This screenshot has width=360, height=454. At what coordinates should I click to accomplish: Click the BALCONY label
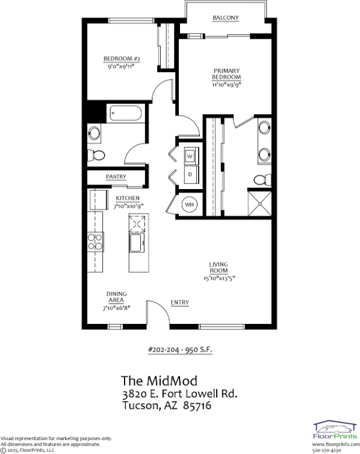(226, 17)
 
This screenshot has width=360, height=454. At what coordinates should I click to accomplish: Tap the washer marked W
(190, 156)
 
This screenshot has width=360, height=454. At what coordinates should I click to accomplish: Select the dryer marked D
(190, 174)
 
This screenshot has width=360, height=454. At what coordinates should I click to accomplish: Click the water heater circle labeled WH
(189, 204)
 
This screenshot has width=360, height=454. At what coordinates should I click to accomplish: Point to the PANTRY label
(116, 176)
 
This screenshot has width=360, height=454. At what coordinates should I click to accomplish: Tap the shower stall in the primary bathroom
(260, 202)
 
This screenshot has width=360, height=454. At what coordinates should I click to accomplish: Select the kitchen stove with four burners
(95, 241)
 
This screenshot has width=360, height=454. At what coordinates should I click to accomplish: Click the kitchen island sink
(135, 243)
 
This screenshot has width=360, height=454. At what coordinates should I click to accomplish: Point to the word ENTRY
(179, 302)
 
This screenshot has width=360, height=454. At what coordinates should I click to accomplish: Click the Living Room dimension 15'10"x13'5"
(221, 278)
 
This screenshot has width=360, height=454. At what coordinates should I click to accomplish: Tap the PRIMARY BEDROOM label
(226, 74)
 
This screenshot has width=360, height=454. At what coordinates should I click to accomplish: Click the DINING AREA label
(117, 297)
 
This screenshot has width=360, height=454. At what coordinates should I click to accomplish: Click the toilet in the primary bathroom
(262, 179)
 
